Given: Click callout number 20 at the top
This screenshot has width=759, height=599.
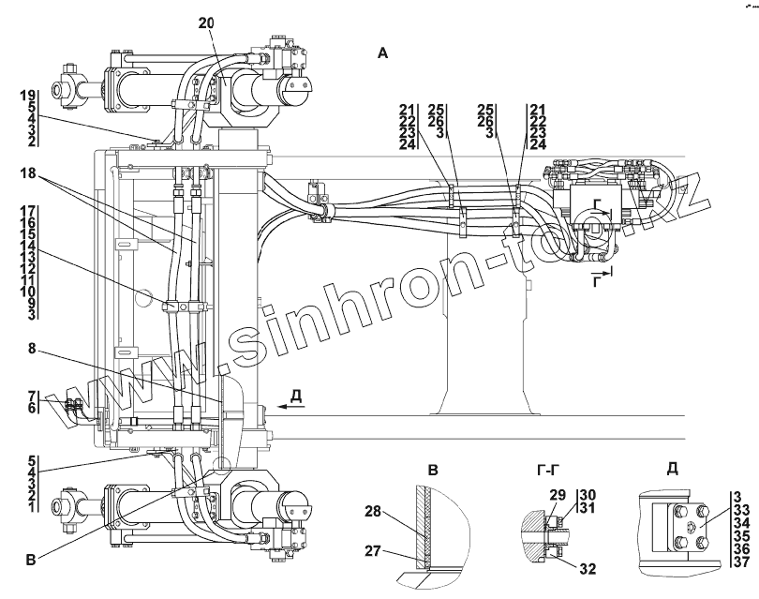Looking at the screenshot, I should (x=206, y=21).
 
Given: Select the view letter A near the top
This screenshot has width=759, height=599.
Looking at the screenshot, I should (x=382, y=54).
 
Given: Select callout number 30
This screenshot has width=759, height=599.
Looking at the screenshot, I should (x=588, y=494).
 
